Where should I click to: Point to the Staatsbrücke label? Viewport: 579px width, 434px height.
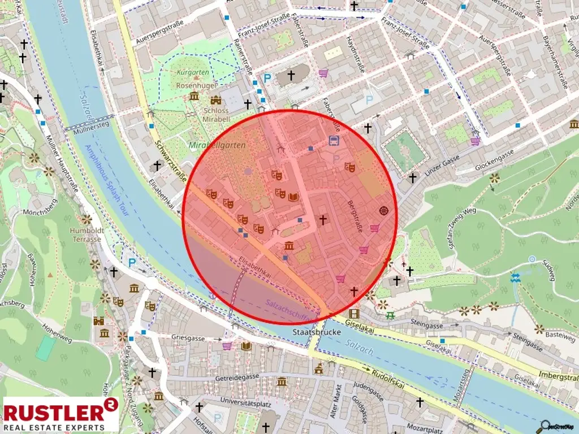click(317, 332)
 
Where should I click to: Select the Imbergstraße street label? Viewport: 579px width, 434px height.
click(556, 376)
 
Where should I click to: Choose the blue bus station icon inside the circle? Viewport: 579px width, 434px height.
click(334, 140)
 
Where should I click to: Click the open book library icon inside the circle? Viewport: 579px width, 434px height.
click(293, 197)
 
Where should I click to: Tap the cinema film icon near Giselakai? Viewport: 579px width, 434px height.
click(354, 314)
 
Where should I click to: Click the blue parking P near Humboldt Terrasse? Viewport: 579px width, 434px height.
click(132, 262)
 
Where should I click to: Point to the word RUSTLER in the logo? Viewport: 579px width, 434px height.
click(54, 411)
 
